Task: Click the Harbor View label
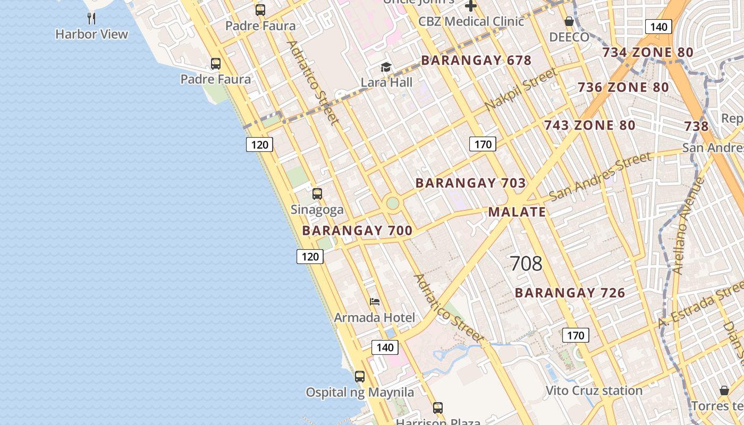point(92,35)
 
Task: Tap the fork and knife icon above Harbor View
point(92,19)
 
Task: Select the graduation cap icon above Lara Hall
point(386,67)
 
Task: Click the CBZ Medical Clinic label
point(471,22)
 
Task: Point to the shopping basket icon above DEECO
point(569,22)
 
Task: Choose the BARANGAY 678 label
point(476,61)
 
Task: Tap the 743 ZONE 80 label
point(589,126)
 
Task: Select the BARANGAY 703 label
point(470,183)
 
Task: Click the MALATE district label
point(517,212)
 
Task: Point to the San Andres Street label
point(600,176)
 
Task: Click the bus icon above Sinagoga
point(317,194)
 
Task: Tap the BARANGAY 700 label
point(357,231)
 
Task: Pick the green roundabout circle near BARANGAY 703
point(393,203)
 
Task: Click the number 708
point(526,263)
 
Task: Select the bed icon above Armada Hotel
point(375,302)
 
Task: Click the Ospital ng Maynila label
point(360,393)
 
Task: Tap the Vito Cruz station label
point(594,391)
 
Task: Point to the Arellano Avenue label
point(688,226)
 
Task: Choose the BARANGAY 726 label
point(570,293)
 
